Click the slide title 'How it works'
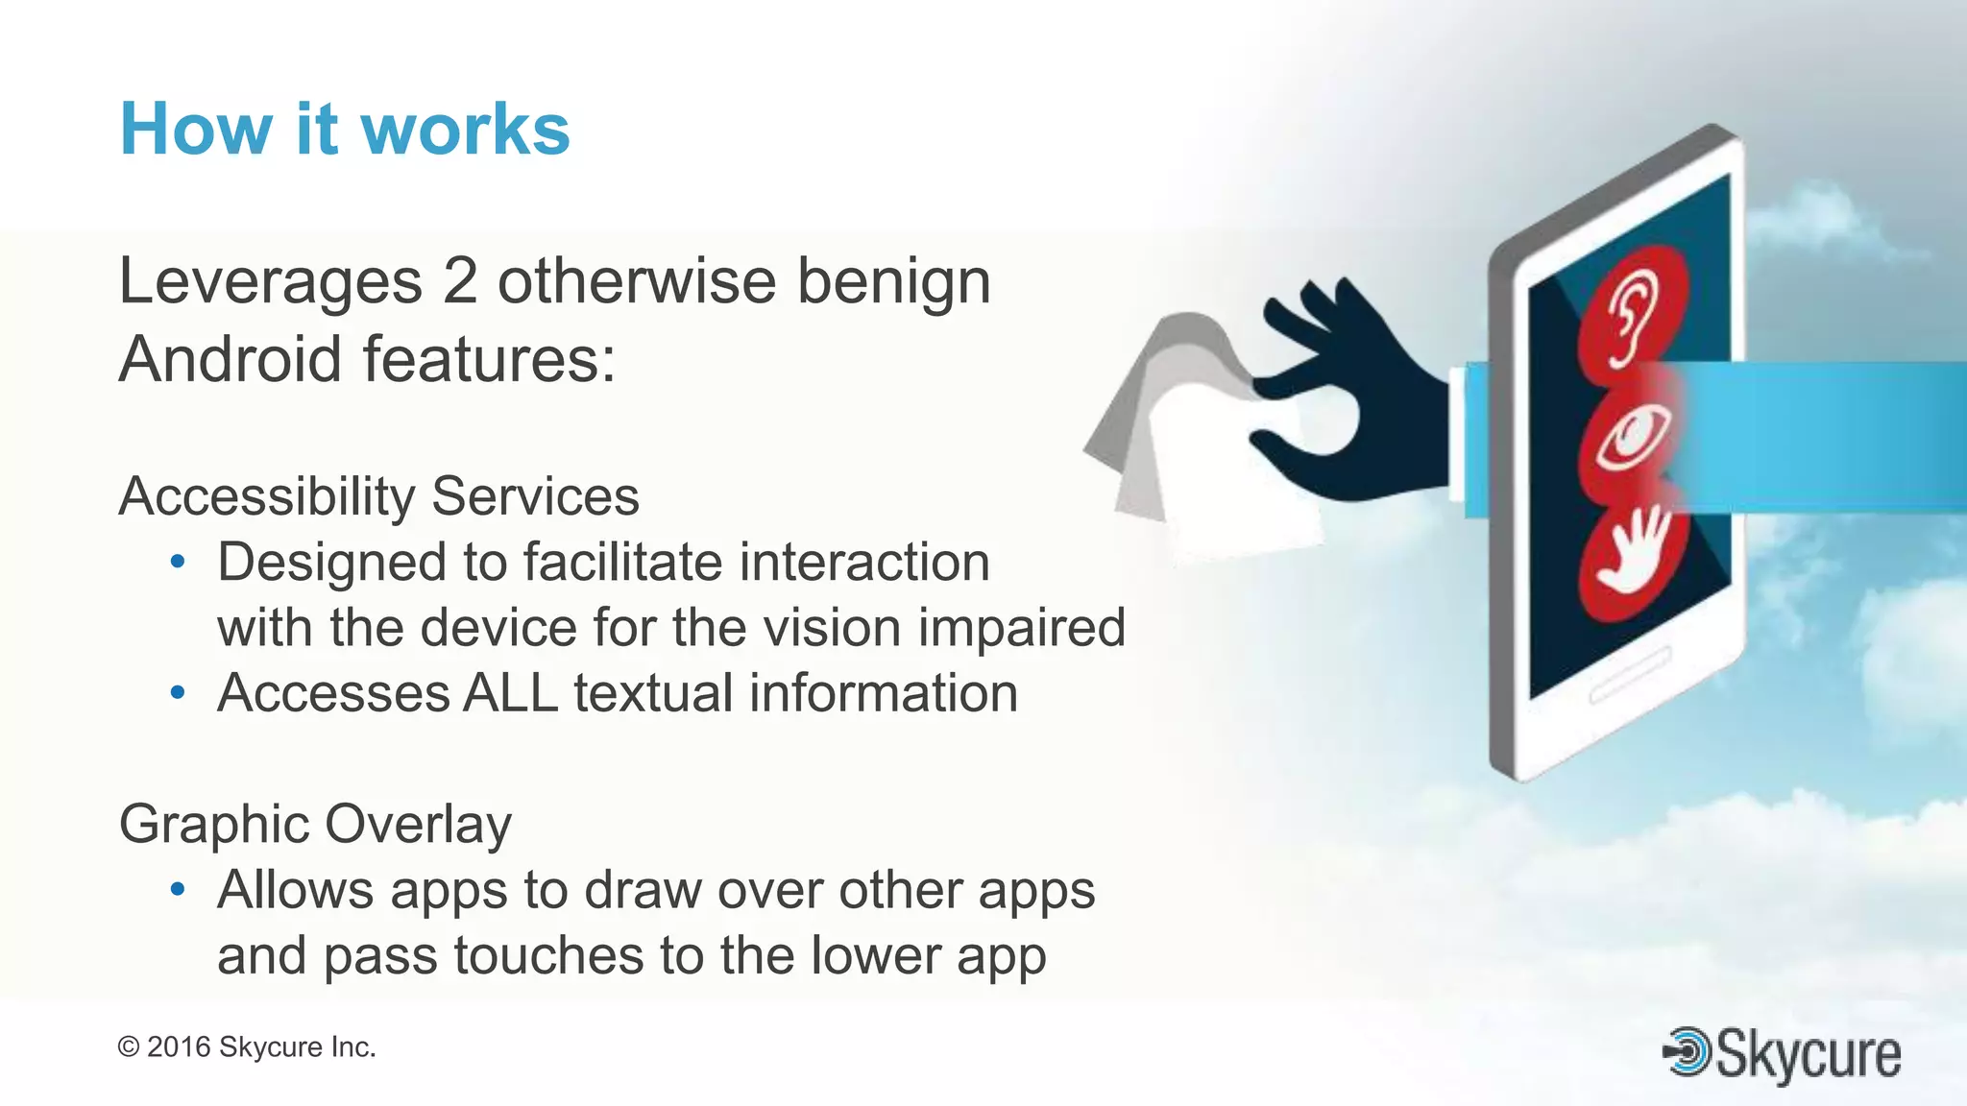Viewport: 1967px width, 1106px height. (x=344, y=130)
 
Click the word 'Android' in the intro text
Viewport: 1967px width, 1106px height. (x=229, y=359)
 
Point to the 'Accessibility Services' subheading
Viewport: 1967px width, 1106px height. (x=378, y=497)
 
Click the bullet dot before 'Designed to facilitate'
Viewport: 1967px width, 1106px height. (x=178, y=562)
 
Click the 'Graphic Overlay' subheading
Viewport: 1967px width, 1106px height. (x=315, y=825)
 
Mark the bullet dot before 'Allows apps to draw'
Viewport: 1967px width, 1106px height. (x=178, y=890)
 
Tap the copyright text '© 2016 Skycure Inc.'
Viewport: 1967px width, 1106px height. (x=247, y=1047)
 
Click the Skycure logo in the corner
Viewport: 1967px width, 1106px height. (x=1783, y=1053)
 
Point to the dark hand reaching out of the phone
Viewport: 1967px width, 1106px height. (x=1354, y=403)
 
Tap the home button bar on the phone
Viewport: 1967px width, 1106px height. (x=1630, y=675)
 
